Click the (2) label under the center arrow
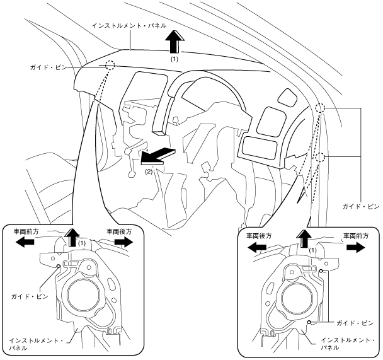(149, 170)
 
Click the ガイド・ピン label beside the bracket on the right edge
(361, 206)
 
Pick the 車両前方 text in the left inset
(26, 231)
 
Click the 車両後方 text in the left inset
(119, 231)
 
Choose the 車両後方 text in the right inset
(259, 236)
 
